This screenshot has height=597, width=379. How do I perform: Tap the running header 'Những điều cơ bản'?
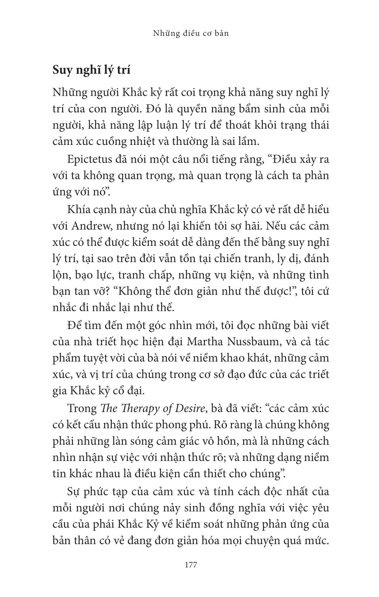click(191, 33)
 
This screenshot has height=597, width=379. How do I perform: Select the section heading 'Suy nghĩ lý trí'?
click(91, 69)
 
